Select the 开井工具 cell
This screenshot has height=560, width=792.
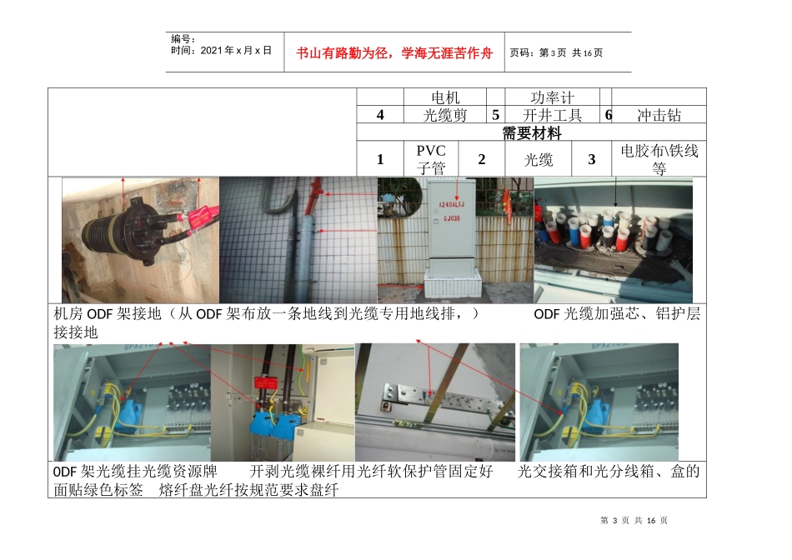pyautogui.click(x=553, y=115)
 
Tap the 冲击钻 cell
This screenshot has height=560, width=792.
pyautogui.click(x=659, y=115)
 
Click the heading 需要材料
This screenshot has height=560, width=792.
pyautogui.click(x=531, y=132)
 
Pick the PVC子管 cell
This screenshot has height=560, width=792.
pyautogui.click(x=431, y=158)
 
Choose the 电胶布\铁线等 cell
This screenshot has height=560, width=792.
pyautogui.click(x=659, y=158)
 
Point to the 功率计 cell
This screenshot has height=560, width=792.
pyautogui.click(x=553, y=97)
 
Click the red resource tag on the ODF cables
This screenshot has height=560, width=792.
pyautogui.click(x=268, y=382)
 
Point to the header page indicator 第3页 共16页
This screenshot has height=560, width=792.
pyautogui.click(x=556, y=53)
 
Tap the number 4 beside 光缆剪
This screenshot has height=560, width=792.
pyautogui.click(x=380, y=115)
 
